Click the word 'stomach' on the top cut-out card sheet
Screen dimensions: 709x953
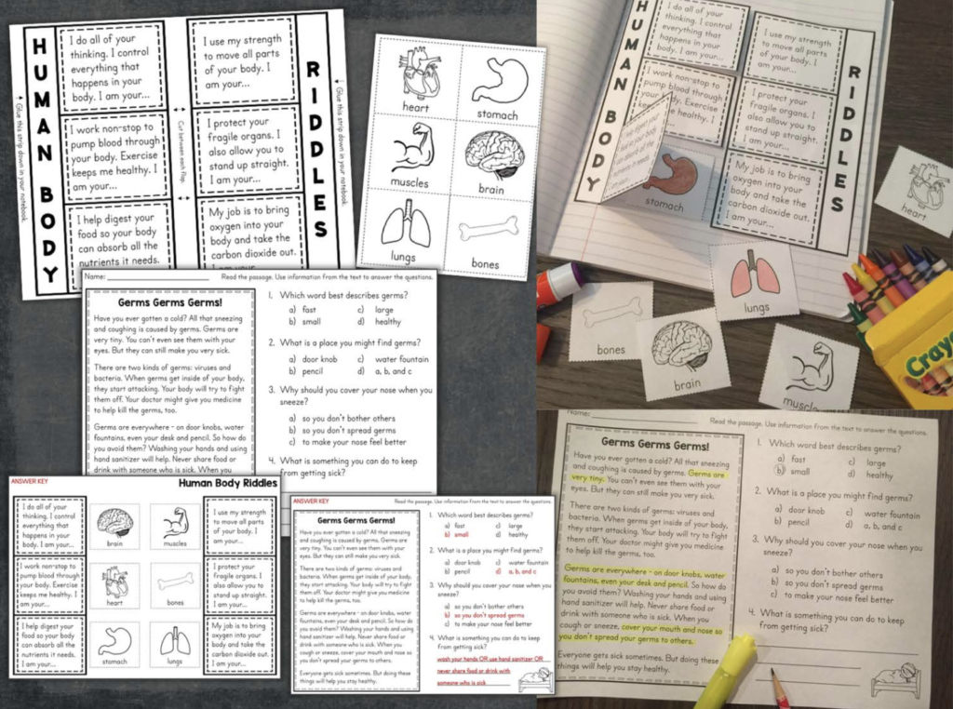[496, 115]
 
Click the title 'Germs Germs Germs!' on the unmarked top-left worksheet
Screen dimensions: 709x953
[168, 302]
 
